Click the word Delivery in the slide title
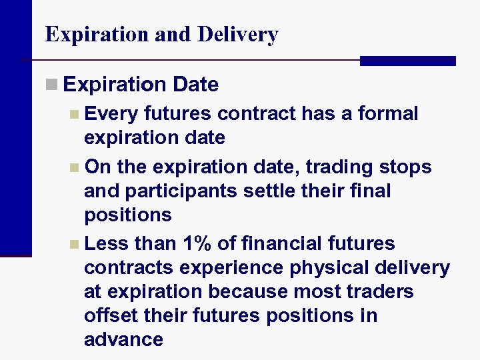238,35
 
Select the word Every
111,114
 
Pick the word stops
406,167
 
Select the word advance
123,339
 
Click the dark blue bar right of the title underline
407,61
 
